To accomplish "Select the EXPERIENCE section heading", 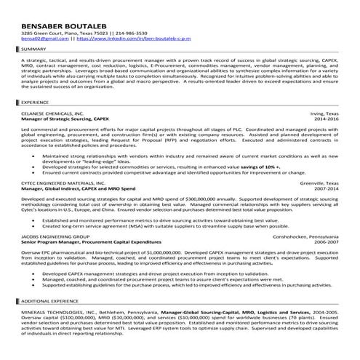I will pyautogui.click(x=36, y=103).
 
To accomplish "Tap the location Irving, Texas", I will pyautogui.click(x=324, y=113).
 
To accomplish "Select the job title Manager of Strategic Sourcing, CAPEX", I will pyautogui.click(x=65, y=119).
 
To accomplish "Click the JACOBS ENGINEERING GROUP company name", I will pyautogui.click(x=55, y=237).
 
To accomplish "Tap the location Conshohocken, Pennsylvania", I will pyautogui.click(x=303, y=237).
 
